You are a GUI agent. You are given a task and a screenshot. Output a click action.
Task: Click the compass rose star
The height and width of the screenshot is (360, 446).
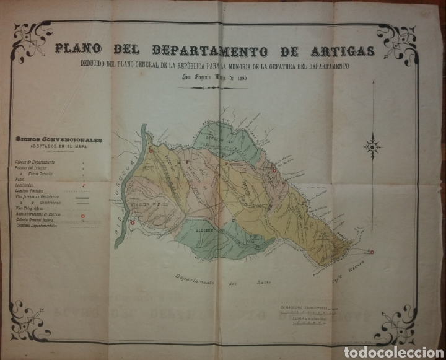(x=372, y=147)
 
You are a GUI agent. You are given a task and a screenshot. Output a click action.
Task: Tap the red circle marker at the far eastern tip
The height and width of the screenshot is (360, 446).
(x=372, y=251)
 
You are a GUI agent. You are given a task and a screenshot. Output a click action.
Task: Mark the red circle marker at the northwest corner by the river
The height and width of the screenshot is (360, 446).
(x=149, y=151)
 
